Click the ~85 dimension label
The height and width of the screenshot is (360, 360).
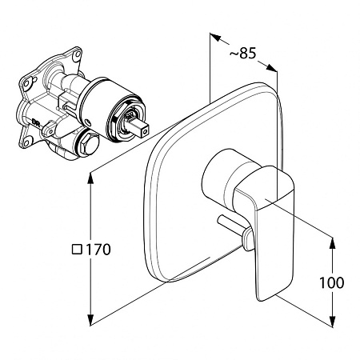(x=242, y=53)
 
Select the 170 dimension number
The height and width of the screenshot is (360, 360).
(x=98, y=250)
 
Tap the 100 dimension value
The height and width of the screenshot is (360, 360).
(x=332, y=282)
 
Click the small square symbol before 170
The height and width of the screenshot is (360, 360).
(x=77, y=250)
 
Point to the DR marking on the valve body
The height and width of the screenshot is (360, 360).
(x=36, y=122)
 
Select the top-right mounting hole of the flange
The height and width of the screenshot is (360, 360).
(x=78, y=54)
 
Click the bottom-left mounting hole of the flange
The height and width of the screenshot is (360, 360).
(x=27, y=142)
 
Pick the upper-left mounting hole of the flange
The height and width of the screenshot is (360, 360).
(x=26, y=83)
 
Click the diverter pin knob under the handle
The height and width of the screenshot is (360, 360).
(x=248, y=238)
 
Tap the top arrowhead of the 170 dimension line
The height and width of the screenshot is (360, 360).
(x=90, y=178)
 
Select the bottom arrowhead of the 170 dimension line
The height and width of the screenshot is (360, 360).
(x=90, y=319)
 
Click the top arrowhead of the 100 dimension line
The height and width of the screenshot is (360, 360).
(x=332, y=243)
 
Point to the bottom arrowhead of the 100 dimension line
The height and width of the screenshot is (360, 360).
(x=332, y=322)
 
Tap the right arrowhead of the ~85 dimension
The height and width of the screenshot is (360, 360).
(x=272, y=67)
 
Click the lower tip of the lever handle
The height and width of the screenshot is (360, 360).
(x=262, y=298)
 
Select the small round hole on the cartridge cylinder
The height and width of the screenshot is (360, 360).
(x=88, y=122)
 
